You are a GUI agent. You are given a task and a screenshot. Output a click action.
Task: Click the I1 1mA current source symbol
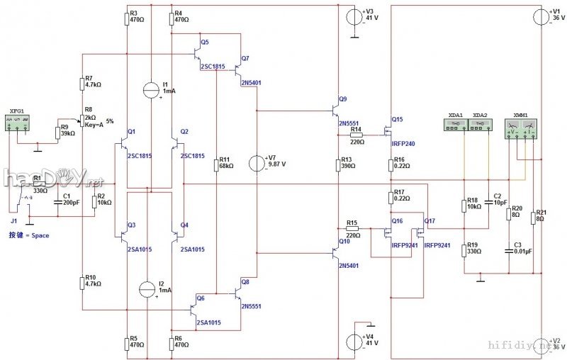[x=150, y=89]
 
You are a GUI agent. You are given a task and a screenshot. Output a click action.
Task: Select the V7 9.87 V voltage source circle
[x=254, y=163]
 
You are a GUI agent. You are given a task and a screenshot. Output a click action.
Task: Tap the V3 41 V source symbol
[x=354, y=16]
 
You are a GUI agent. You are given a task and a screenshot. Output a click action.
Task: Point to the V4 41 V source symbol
[x=354, y=341]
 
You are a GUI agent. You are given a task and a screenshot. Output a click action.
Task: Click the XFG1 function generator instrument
[x=18, y=124]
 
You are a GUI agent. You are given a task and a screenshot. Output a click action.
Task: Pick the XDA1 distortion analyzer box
[x=456, y=125]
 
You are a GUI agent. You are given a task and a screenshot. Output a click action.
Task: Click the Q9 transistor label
[x=344, y=99]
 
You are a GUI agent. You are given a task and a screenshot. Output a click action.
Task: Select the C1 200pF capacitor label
[x=67, y=199]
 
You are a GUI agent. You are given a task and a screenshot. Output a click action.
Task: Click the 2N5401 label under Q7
[x=252, y=83]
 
